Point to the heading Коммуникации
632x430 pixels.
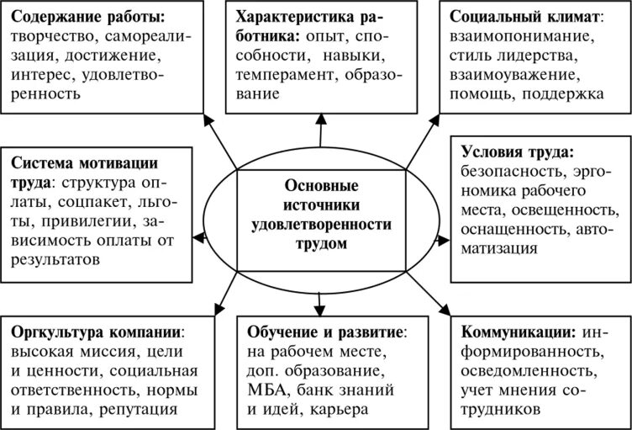tap(518, 331)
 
